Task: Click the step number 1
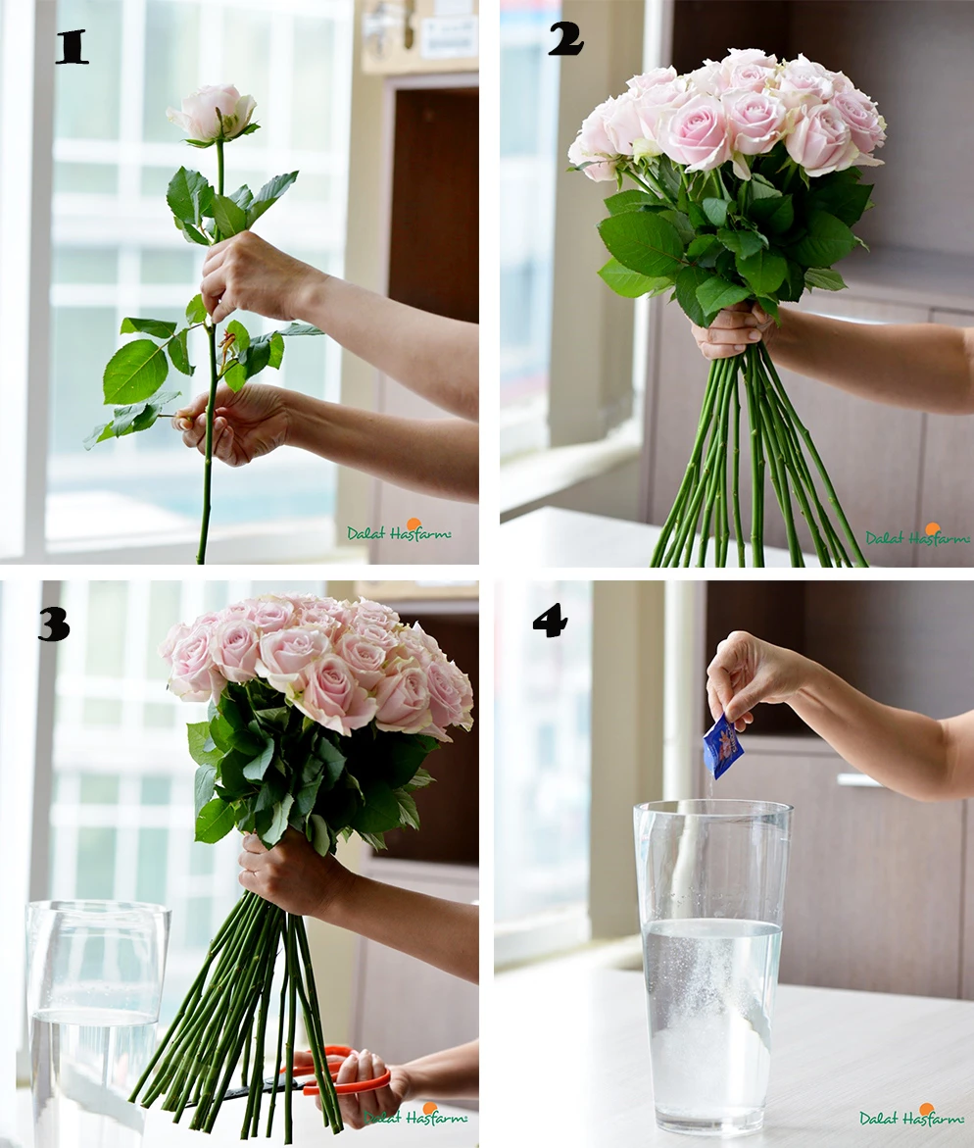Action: (72, 47)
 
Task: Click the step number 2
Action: (565, 38)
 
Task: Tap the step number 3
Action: (53, 624)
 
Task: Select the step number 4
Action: (550, 621)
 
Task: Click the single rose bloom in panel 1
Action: (214, 112)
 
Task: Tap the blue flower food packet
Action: (722, 746)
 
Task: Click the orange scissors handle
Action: (343, 1074)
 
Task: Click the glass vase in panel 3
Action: (93, 1020)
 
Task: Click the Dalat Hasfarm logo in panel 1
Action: (399, 532)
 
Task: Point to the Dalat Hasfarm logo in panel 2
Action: (917, 536)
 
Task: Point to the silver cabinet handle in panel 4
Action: (859, 780)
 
